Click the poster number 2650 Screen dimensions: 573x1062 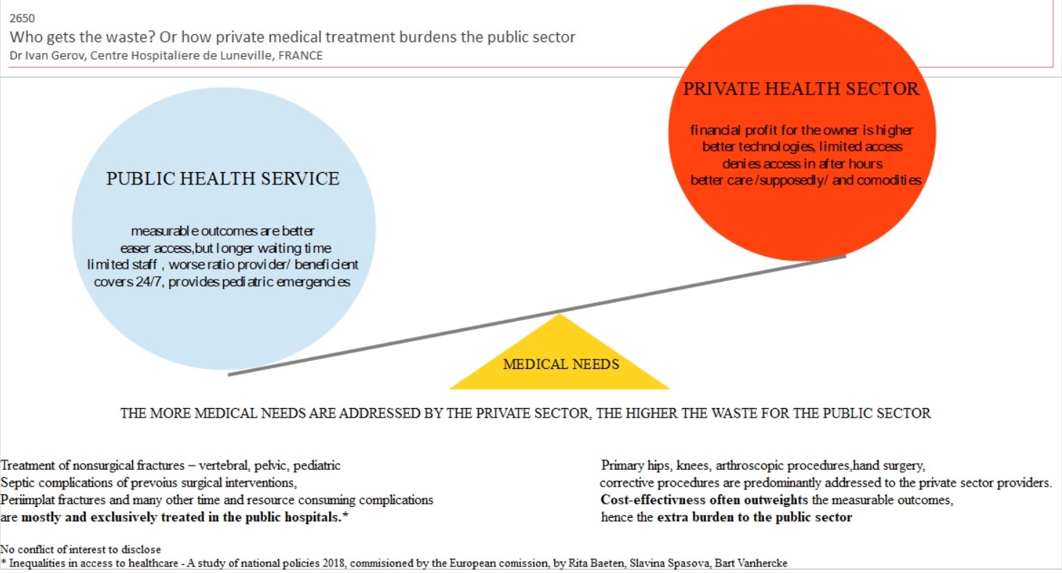[x=22, y=19]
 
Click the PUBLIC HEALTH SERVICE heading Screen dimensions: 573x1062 [x=223, y=179]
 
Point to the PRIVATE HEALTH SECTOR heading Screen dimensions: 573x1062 [x=800, y=89]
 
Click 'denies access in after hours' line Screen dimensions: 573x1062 [x=802, y=163]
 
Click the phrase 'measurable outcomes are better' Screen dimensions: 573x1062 [x=223, y=231]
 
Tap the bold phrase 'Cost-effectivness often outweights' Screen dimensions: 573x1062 [x=704, y=500]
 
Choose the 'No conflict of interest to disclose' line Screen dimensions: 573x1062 [x=81, y=550]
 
